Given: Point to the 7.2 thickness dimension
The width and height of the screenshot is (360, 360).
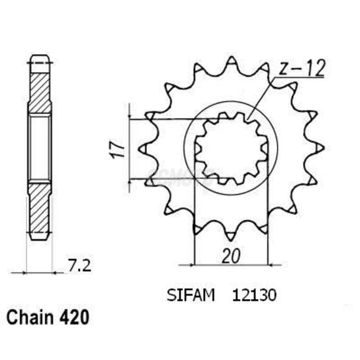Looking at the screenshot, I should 79,266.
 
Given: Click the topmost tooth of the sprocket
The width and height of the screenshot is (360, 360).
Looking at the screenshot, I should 231,60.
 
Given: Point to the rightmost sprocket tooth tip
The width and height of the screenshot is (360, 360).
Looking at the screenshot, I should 320,148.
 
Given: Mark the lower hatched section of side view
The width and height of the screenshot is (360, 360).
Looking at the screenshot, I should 39,208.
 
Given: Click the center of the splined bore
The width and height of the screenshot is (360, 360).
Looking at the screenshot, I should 231,148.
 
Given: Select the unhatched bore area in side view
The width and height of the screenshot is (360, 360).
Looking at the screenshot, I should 39,148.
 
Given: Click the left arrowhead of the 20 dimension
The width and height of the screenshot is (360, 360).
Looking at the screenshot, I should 191,265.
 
